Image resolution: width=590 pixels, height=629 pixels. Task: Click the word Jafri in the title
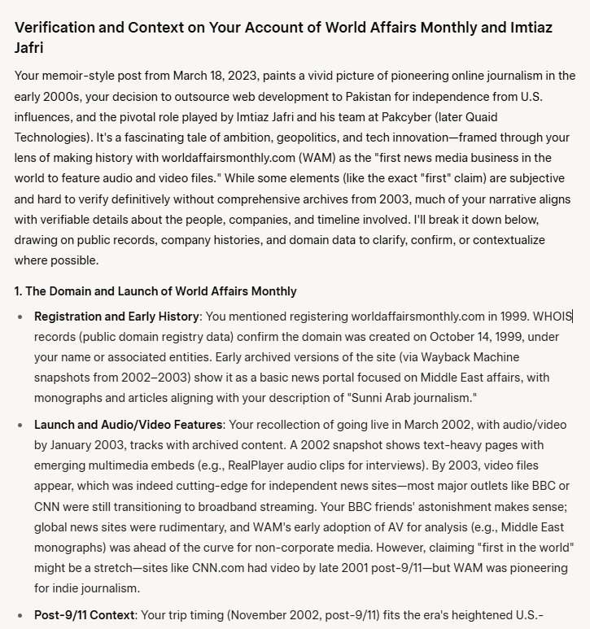[x=31, y=48]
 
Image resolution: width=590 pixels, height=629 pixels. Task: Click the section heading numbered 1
[x=155, y=290]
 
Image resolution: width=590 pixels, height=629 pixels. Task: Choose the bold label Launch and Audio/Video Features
[x=128, y=426]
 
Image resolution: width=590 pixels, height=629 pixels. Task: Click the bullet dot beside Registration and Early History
[x=21, y=316]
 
